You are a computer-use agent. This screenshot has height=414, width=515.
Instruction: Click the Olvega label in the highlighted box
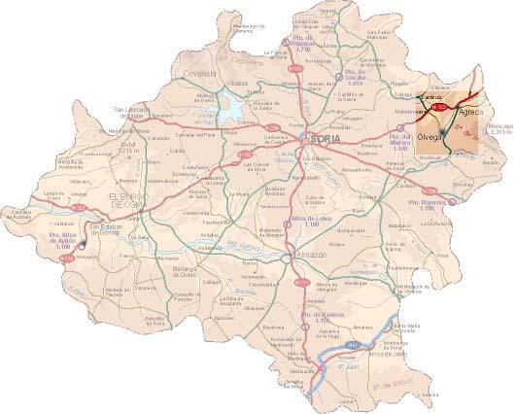[429, 137]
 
